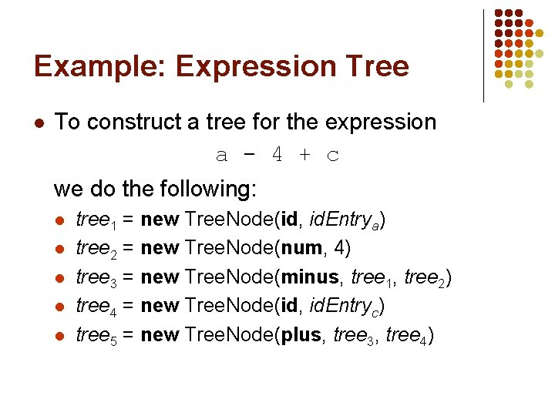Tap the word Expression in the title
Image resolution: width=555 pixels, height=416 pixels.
(x=251, y=67)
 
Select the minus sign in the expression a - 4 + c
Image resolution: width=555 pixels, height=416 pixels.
(x=247, y=155)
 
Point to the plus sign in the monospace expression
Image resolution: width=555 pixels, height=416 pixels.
(x=304, y=155)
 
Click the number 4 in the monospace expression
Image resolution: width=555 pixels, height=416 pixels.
(x=276, y=155)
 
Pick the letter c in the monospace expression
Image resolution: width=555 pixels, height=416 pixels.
(x=332, y=155)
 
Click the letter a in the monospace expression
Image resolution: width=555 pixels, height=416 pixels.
(x=221, y=155)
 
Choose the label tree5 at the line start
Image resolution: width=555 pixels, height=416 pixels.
(x=96, y=336)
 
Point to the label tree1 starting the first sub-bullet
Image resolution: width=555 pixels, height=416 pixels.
(x=96, y=220)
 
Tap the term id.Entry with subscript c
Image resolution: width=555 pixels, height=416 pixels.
(x=343, y=307)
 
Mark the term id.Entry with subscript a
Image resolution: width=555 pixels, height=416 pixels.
(x=343, y=220)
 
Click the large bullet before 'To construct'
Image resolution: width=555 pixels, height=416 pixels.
(x=38, y=123)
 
